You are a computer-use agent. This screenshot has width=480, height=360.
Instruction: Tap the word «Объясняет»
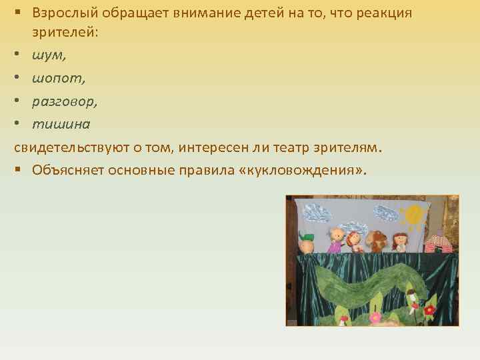click(x=71, y=170)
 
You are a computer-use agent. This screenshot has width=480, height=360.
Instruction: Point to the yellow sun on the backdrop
click(x=413, y=214)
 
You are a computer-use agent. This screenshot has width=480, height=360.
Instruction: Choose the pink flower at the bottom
click(x=375, y=317)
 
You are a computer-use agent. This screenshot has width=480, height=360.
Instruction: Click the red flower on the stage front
click(x=430, y=310)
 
